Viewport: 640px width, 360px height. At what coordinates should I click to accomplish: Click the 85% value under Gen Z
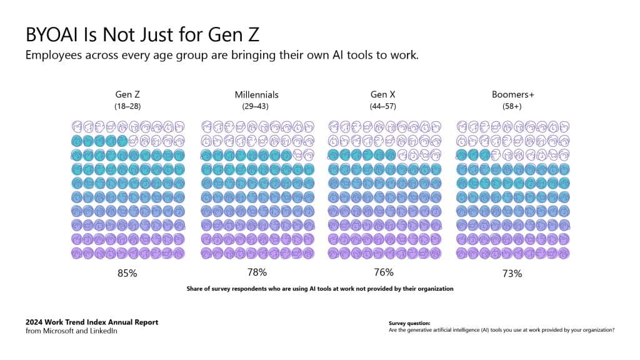point(127,273)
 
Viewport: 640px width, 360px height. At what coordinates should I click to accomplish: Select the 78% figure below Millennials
point(256,272)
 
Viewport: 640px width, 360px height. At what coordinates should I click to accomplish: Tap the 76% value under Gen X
point(383,272)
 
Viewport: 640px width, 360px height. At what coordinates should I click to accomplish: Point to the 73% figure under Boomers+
point(512,273)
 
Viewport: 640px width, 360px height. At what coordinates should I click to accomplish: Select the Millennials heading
point(256,94)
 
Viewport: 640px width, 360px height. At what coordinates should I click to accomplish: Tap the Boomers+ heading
point(512,94)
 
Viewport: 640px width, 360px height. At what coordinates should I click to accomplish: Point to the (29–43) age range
point(256,106)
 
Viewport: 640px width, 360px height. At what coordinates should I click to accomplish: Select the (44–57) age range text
point(383,106)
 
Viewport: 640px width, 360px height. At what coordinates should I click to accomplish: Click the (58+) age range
point(512,106)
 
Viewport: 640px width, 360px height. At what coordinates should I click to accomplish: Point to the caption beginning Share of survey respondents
point(319,289)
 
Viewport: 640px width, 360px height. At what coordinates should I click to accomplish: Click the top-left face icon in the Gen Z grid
point(77,126)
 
